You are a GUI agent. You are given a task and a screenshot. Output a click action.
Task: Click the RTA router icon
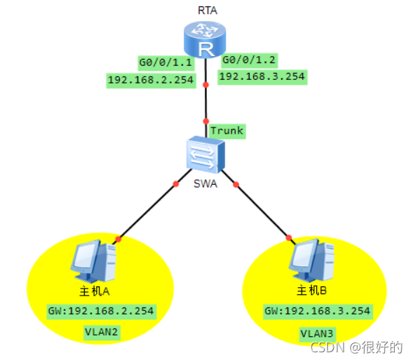click(x=205, y=39)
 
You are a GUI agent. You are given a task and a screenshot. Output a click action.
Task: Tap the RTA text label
click(x=208, y=11)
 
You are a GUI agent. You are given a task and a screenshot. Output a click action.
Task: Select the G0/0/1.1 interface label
click(x=166, y=63)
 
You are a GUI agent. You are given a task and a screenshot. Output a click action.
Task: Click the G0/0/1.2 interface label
click(x=249, y=60)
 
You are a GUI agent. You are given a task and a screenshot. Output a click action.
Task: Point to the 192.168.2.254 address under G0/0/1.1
click(x=151, y=81)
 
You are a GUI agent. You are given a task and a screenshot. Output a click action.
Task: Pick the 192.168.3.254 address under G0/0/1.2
click(x=262, y=77)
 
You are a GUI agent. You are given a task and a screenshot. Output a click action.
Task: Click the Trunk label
click(x=227, y=131)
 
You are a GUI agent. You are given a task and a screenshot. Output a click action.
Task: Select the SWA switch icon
click(x=205, y=155)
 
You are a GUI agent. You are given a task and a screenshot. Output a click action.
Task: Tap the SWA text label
click(x=205, y=184)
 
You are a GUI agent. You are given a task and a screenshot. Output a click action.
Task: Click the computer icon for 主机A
click(x=93, y=261)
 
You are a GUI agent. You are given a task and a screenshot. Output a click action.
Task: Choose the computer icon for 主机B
click(x=311, y=260)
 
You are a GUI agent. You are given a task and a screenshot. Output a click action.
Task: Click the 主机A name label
click(x=95, y=291)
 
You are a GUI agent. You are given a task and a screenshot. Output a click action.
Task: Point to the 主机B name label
click(x=312, y=291)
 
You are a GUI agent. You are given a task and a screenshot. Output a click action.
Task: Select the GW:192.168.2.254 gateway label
click(x=102, y=312)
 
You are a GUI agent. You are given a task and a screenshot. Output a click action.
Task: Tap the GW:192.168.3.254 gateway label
click(x=318, y=311)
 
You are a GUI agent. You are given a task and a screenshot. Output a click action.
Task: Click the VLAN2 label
click(x=102, y=333)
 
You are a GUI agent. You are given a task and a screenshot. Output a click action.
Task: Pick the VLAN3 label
click(x=318, y=334)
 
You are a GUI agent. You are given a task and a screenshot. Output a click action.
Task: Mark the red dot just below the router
click(x=205, y=85)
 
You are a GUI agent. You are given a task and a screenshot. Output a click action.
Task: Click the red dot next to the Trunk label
click(x=206, y=121)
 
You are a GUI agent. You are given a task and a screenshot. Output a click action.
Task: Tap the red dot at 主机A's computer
click(x=119, y=240)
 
